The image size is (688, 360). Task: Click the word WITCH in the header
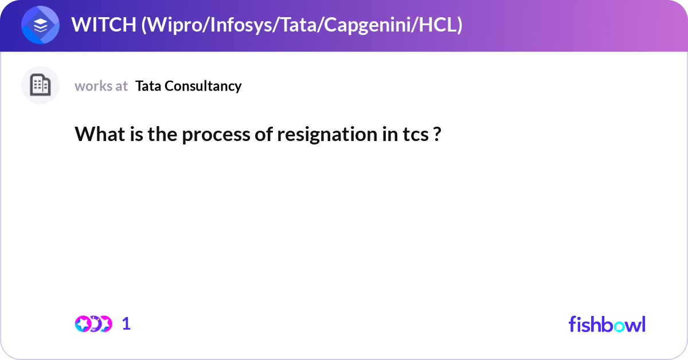[x=104, y=25]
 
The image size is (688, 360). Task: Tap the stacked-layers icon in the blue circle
[x=40, y=25]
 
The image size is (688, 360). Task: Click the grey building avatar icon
[x=40, y=85]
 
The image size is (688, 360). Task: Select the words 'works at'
[x=101, y=86]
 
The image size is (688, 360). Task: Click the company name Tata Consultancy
[x=188, y=86]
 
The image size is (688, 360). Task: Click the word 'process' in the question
[x=216, y=135]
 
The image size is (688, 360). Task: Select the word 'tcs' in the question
[x=416, y=135]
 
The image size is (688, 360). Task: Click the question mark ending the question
[x=437, y=134]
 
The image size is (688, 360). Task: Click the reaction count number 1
[x=126, y=324]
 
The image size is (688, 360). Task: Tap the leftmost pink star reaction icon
[x=83, y=324]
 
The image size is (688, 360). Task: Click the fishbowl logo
[x=607, y=324]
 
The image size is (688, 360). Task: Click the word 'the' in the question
[x=162, y=134]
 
